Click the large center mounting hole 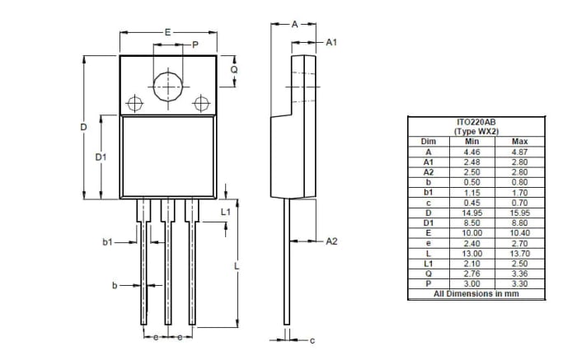tap(168, 86)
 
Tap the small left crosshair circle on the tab tap(135, 104)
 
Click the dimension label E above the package tap(167, 32)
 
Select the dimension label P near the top tap(195, 45)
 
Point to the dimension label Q tap(233, 70)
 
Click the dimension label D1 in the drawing tap(100, 157)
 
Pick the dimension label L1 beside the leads tap(226, 212)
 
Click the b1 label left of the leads tap(107, 242)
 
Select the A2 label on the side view tap(332, 241)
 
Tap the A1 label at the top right tap(331, 41)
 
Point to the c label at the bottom tap(312, 339)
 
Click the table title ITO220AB tap(476, 122)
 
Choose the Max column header tap(519, 142)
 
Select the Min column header tap(471, 142)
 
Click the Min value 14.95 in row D tap(471, 213)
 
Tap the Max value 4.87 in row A tap(519, 152)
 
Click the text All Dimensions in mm tap(476, 293)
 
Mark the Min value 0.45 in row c tap(471, 203)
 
